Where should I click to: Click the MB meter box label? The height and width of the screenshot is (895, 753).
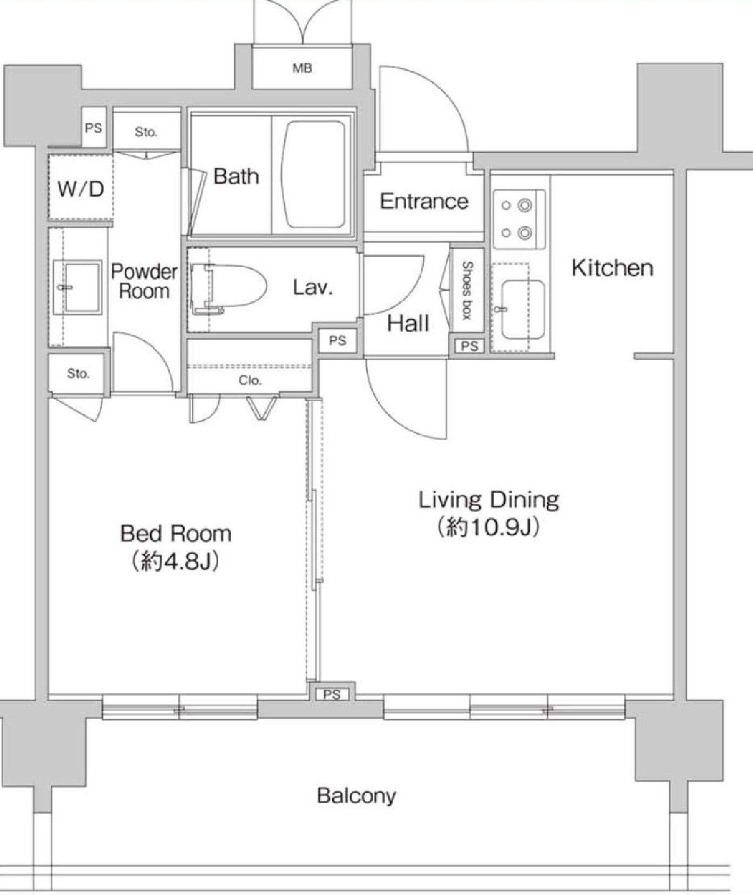click(302, 68)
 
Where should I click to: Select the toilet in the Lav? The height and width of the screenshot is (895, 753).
click(229, 287)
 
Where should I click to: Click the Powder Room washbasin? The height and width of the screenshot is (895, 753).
click(81, 287)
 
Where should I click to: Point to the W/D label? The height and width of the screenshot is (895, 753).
click(80, 189)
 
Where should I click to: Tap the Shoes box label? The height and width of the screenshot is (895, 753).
click(467, 290)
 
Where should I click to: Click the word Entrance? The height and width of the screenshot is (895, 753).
click(424, 201)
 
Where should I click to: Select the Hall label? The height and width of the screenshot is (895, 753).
click(408, 323)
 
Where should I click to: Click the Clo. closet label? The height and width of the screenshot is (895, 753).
click(250, 381)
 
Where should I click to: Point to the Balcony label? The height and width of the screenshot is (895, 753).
click(357, 795)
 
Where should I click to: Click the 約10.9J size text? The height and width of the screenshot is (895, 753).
click(488, 527)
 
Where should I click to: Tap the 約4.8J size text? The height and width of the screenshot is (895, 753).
click(176, 562)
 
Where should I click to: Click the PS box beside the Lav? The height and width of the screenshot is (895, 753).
click(338, 341)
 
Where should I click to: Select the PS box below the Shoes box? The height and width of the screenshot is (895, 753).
click(469, 346)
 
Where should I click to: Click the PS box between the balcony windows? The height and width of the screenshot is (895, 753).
click(332, 694)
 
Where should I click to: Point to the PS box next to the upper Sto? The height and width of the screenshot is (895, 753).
click(94, 128)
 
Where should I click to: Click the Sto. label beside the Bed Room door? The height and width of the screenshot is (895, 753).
click(78, 373)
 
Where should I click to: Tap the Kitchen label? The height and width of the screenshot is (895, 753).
click(613, 268)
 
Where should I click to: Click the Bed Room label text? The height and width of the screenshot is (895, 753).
click(176, 534)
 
